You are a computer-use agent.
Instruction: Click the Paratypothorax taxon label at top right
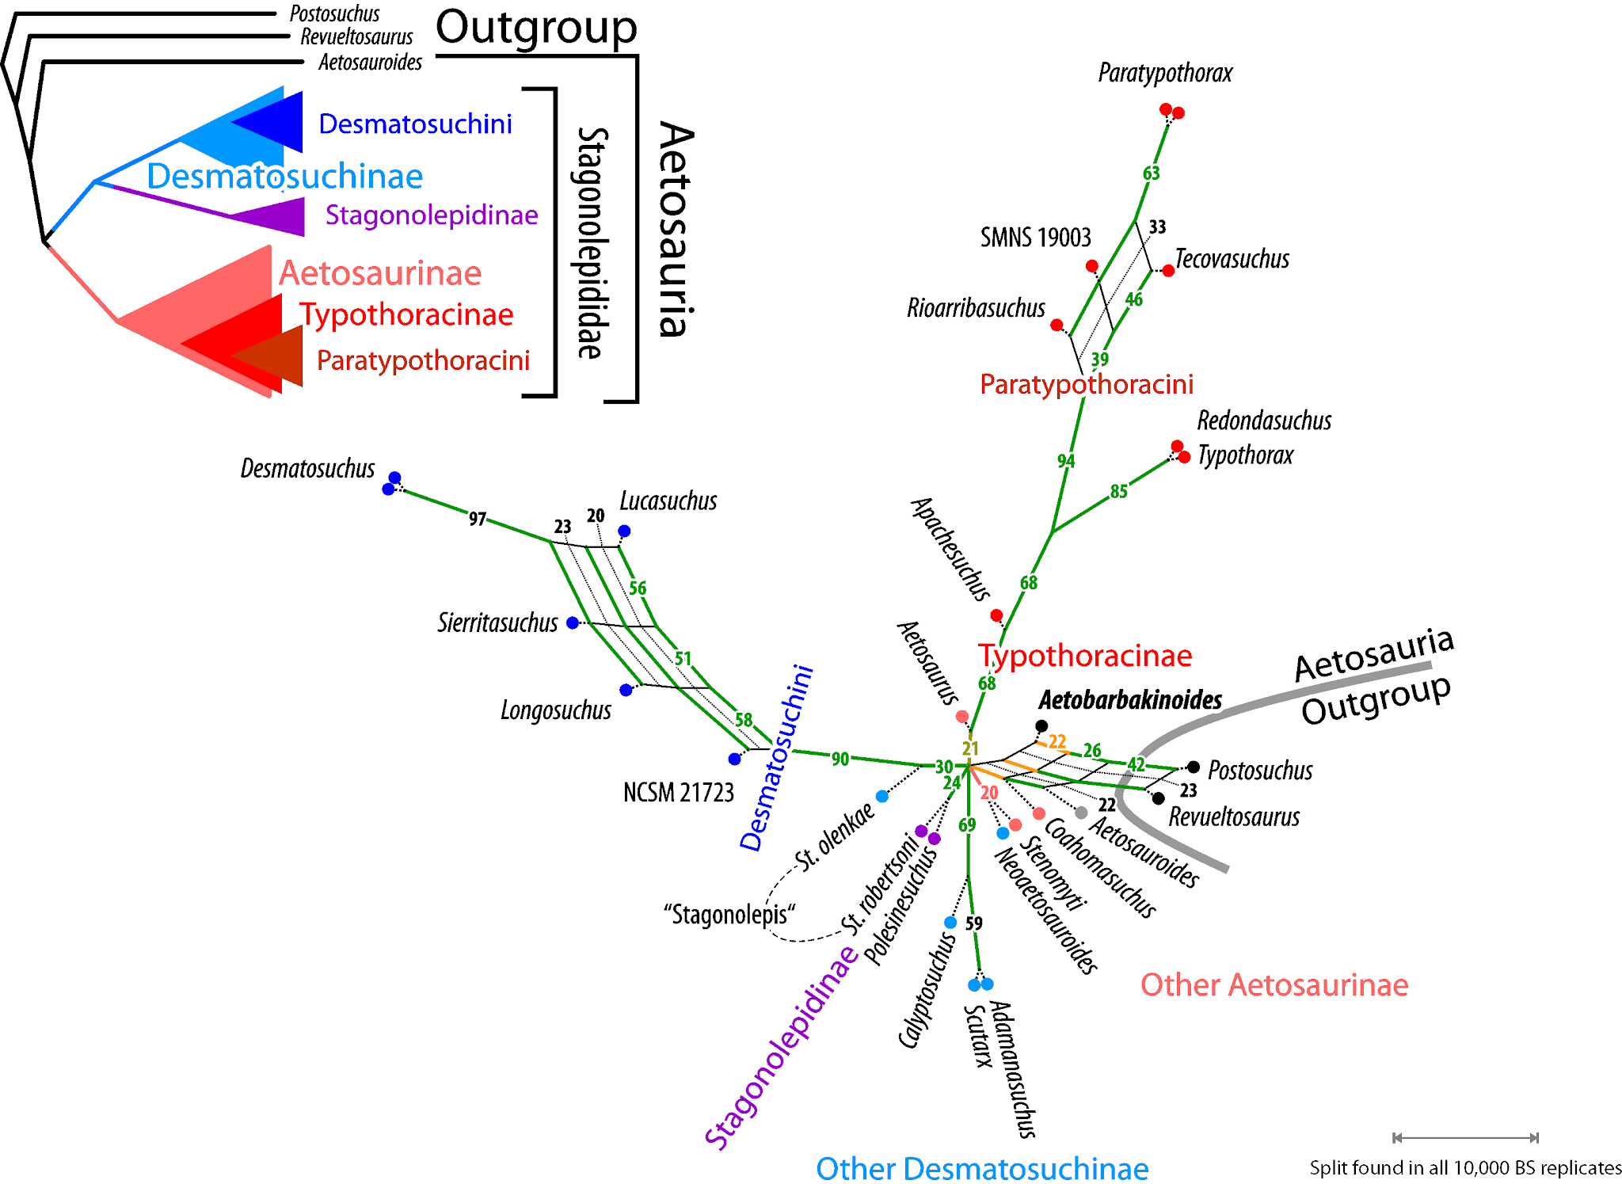click(x=1165, y=74)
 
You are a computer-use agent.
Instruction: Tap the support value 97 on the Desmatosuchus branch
click(x=477, y=519)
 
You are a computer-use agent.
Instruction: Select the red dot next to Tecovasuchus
click(x=1168, y=271)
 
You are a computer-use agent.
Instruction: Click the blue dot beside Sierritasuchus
click(x=573, y=622)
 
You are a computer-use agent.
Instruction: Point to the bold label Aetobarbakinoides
click(x=1130, y=700)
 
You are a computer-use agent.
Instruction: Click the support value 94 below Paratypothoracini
click(x=1066, y=461)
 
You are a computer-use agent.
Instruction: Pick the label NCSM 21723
click(x=679, y=792)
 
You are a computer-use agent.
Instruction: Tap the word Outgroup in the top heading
click(x=536, y=28)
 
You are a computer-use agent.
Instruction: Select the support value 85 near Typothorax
click(x=1118, y=492)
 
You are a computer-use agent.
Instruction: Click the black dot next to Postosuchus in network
click(x=1194, y=767)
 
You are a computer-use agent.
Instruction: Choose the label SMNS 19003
click(x=1035, y=238)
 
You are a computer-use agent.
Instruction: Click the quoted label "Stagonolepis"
click(x=729, y=915)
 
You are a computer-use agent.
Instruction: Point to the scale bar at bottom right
click(x=1465, y=1137)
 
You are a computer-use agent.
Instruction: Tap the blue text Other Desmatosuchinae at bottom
click(x=982, y=1168)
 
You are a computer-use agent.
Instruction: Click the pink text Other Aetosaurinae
click(x=1274, y=985)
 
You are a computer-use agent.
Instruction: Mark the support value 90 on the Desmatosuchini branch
click(x=840, y=759)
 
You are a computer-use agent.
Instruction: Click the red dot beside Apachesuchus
click(x=996, y=615)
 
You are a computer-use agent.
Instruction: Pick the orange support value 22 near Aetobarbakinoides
click(x=1057, y=741)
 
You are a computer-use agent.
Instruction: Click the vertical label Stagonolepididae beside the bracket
click(x=591, y=242)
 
